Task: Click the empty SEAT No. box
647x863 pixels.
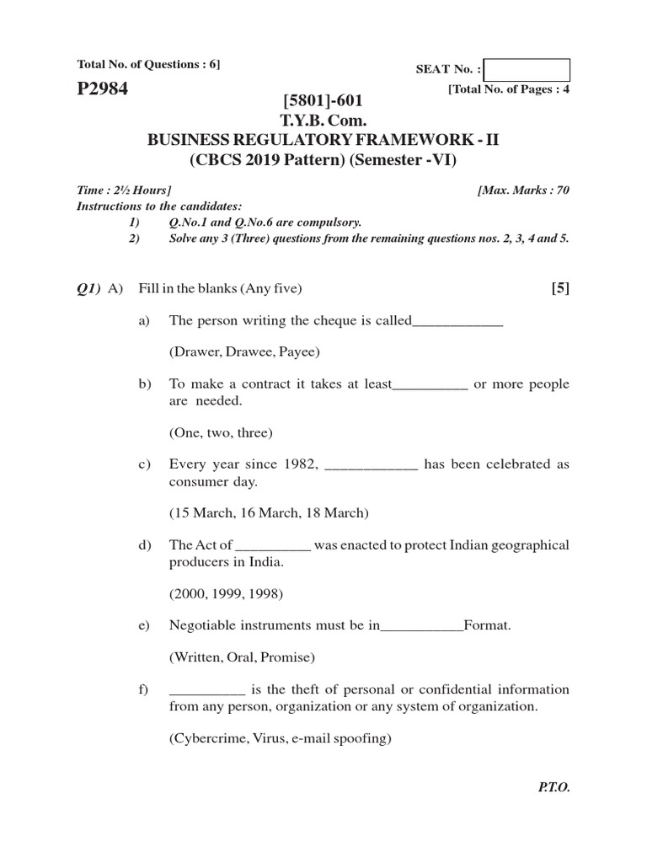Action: click(527, 70)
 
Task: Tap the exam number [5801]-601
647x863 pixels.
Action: click(323, 102)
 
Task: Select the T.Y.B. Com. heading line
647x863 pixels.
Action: click(323, 121)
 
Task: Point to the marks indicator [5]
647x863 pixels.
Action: click(560, 288)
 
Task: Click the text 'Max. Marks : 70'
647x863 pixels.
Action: click(523, 190)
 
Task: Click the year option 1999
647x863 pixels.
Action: click(227, 592)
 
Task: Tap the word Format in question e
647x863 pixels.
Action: click(487, 625)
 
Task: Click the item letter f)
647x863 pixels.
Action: click(143, 689)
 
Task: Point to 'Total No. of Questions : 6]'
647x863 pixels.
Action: click(148, 64)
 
